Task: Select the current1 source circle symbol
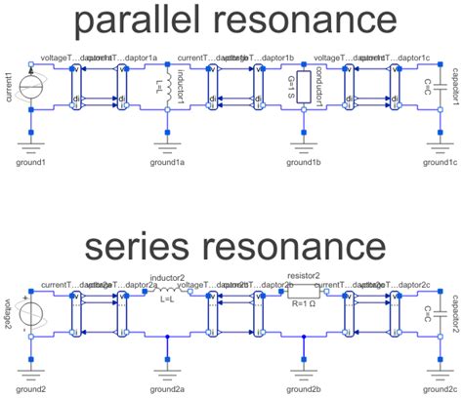[x=32, y=85]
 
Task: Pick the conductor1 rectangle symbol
[x=304, y=85]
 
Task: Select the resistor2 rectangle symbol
[x=304, y=291]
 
